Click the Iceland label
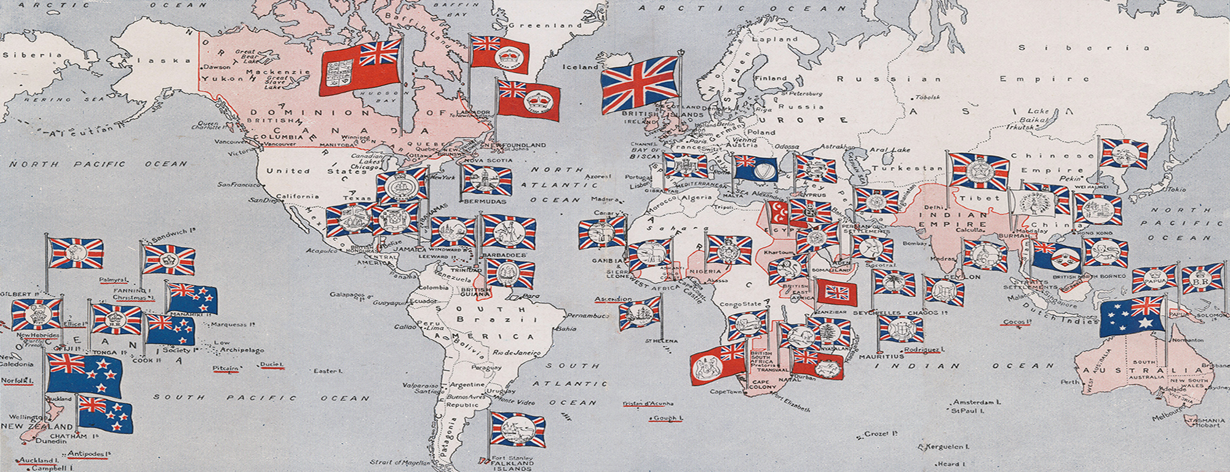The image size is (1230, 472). pyautogui.click(x=580, y=67)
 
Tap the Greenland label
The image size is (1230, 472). pyautogui.click(x=545, y=26)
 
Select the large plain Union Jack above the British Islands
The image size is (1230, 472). pyautogui.click(x=640, y=85)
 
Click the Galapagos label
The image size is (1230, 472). pyautogui.click(x=347, y=295)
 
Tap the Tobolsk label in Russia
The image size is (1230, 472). pyautogui.click(x=927, y=97)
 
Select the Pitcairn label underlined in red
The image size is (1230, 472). pyautogui.click(x=225, y=369)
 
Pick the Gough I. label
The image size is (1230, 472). pyautogui.click(x=668, y=418)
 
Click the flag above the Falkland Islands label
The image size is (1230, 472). pyautogui.click(x=517, y=429)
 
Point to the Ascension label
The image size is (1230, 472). pyautogui.click(x=613, y=299)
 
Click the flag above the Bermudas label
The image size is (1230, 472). pyautogui.click(x=487, y=180)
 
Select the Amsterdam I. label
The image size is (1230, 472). pyautogui.click(x=977, y=402)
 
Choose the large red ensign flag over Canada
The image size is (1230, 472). pyautogui.click(x=360, y=71)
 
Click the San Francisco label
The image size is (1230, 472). pyautogui.click(x=239, y=184)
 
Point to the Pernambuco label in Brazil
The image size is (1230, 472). pyautogui.click(x=587, y=316)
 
